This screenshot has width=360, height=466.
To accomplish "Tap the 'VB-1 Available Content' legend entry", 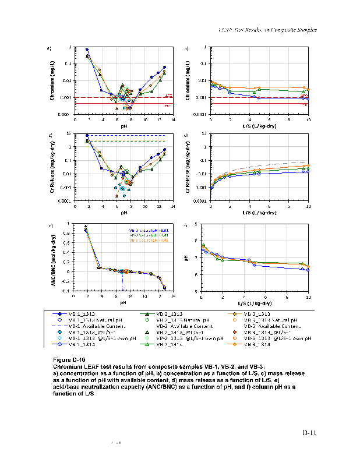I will (87, 326).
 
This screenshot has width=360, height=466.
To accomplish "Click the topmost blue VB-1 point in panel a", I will (87, 50).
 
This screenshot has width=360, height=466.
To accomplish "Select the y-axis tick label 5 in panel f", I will (196, 291).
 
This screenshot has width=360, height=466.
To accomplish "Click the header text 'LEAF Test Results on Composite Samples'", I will (267, 29).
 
